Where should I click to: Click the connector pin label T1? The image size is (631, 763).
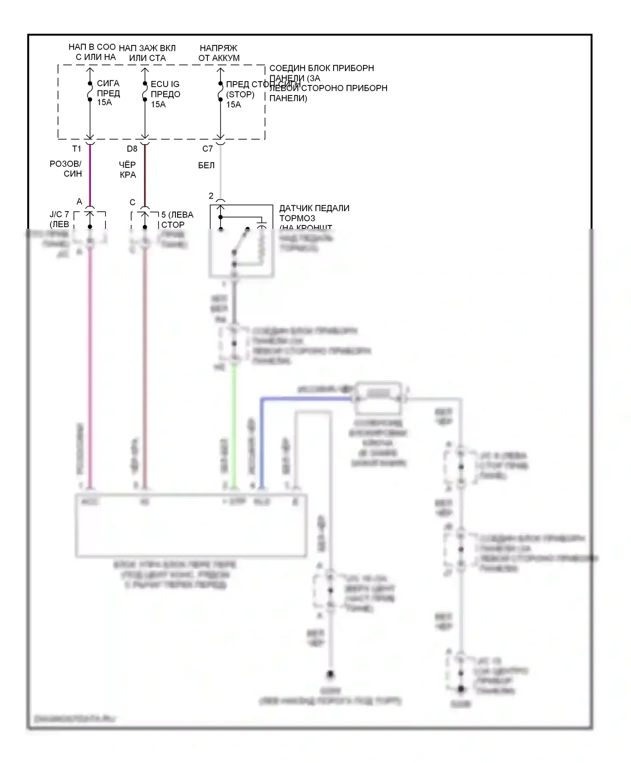[76, 148]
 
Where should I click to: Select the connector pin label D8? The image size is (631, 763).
[132, 148]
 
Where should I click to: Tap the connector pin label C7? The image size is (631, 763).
[207, 148]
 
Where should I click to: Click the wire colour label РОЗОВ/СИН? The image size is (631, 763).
[66, 169]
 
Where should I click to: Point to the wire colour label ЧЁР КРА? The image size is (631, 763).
[127, 170]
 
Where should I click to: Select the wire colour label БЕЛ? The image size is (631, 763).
[206, 165]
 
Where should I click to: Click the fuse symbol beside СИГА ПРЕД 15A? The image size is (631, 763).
[90, 92]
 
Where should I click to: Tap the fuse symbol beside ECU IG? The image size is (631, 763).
[145, 92]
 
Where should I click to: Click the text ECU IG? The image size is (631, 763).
[165, 84]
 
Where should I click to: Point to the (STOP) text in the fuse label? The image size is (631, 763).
[240, 94]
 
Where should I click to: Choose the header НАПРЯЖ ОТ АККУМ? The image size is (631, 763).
[219, 53]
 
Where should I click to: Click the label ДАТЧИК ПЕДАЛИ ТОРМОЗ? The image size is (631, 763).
[314, 213]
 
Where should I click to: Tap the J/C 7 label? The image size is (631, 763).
[59, 215]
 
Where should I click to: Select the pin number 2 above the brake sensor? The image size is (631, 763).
[211, 196]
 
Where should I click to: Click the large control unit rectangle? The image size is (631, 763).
[191, 526]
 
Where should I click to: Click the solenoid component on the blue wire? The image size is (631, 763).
[379, 394]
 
